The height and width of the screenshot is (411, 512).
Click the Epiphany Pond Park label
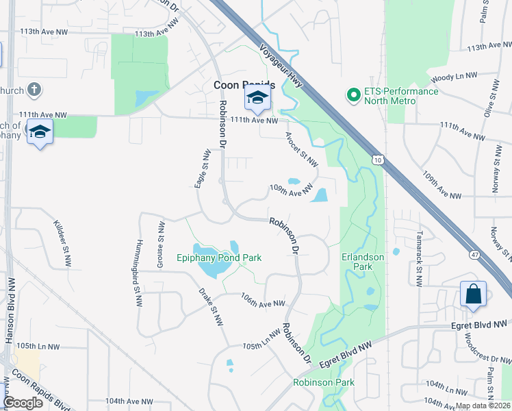point(220,258)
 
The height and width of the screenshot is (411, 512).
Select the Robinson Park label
point(316,382)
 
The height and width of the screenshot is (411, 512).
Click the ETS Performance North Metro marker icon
point(354,95)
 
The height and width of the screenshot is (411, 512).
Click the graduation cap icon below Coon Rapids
point(257,99)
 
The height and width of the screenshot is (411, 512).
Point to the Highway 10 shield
point(378,160)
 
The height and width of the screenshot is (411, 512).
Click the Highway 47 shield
point(473,254)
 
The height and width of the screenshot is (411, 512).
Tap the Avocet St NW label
point(302,149)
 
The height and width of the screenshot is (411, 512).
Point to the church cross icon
point(34,90)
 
